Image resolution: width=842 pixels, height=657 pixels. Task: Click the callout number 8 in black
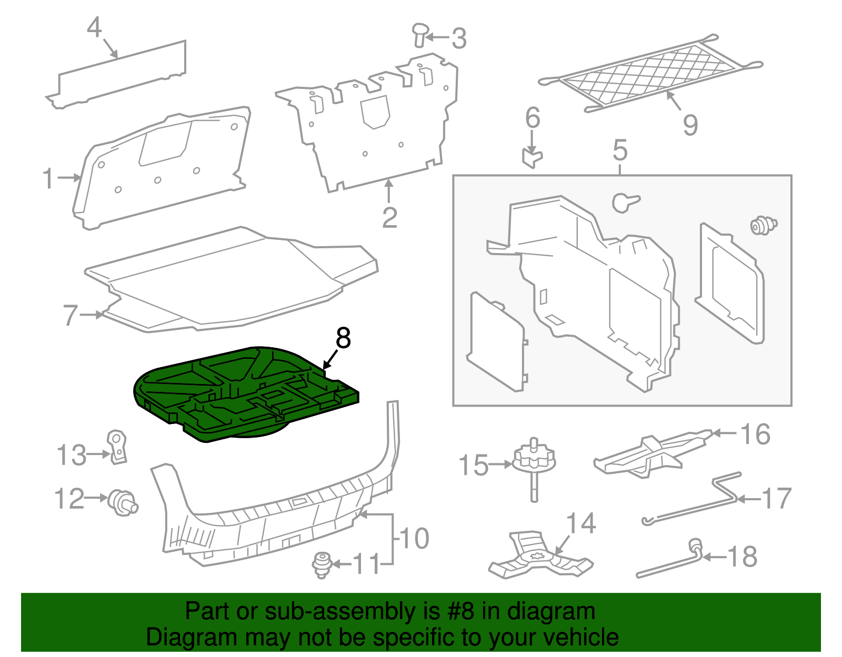click(343, 338)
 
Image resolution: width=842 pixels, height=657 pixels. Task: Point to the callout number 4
click(94, 27)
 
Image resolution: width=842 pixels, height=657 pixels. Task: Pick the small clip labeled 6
click(532, 157)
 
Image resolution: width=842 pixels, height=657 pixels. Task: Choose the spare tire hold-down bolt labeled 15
click(534, 466)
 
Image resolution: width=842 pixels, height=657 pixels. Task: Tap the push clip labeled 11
click(322, 564)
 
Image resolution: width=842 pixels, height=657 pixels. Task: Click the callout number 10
click(415, 538)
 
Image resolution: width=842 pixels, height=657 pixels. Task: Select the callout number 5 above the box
click(620, 150)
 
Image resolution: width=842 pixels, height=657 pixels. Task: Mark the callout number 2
click(389, 217)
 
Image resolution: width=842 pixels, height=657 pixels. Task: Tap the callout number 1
click(48, 178)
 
